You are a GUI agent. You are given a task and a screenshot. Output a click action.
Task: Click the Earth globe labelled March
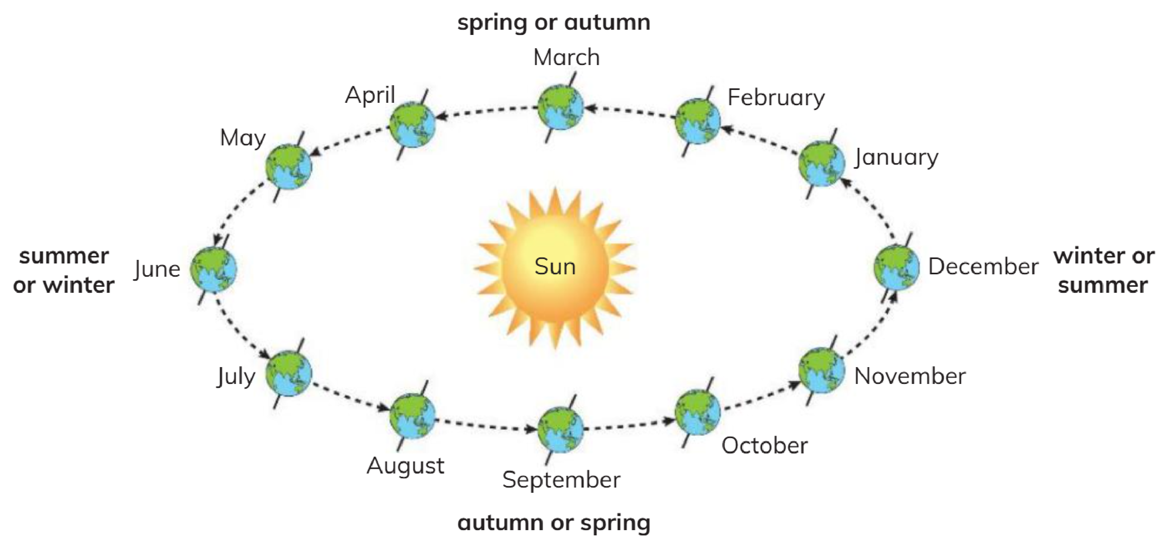560,108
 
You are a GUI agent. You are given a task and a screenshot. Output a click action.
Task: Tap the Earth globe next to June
213,269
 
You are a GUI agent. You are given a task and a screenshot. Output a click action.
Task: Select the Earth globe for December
897,267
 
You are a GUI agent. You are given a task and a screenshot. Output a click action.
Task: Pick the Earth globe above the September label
560,430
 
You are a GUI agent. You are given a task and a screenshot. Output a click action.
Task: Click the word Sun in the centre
555,266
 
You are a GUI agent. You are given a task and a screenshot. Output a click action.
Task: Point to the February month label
776,98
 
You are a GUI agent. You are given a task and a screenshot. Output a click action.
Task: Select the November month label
910,376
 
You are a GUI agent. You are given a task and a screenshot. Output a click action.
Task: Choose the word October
765,445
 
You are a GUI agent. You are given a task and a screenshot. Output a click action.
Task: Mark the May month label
243,138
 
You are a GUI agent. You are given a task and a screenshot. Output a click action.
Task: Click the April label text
370,95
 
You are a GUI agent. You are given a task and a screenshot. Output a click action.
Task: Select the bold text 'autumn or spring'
554,523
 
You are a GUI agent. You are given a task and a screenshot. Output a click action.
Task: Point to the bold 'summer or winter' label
63,271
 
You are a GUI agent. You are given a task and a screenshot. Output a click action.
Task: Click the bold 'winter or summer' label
1104,271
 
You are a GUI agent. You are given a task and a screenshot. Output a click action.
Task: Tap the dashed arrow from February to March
630,112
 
